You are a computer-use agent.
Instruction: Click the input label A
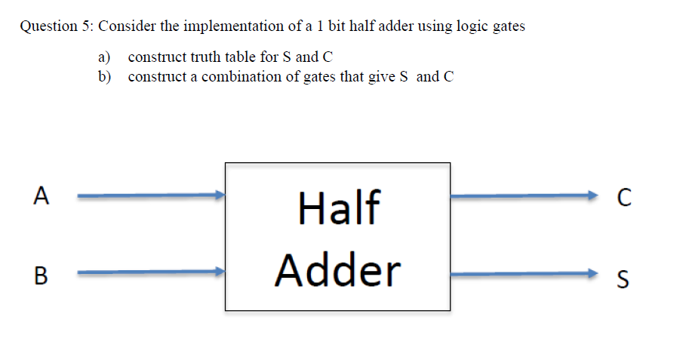pos(42,196)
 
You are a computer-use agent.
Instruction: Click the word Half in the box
pos(339,208)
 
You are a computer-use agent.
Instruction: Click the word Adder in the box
pos(338,269)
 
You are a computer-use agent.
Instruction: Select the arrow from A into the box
pos(151,196)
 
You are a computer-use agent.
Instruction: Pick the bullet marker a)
pos(104,57)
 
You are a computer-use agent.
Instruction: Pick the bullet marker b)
pos(104,77)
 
